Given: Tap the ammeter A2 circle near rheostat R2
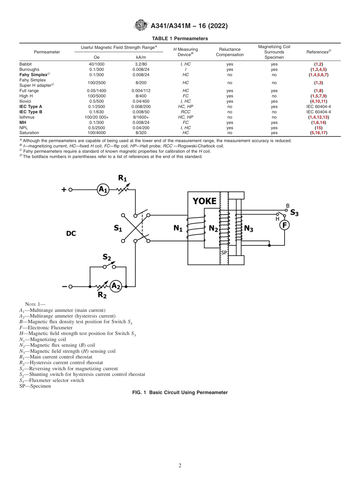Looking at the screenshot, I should [x=116, y=286].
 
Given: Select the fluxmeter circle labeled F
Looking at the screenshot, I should [x=284, y=225].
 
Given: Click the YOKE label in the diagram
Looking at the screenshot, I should [x=205, y=201].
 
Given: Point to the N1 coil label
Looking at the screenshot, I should [x=178, y=229].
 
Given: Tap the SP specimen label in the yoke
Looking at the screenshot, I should [x=224, y=252].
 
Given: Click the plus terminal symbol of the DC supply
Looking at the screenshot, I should [x=64, y=189].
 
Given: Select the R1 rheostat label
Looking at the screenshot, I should [x=123, y=178].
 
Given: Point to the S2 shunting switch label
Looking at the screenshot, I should [x=107, y=257].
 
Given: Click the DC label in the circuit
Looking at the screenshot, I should [x=71, y=233].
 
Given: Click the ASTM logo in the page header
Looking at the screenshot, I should [x=141, y=26].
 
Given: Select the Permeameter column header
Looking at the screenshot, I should [x=47, y=52].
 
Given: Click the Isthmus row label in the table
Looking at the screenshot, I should [x=27, y=117].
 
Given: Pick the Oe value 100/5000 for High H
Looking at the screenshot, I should [x=96, y=96].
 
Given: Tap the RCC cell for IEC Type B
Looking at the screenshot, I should [x=186, y=112].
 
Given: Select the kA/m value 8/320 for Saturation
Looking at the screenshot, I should [x=138, y=133].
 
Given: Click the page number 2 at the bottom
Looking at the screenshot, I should [x=180, y=466].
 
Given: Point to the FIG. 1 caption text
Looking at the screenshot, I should [x=180, y=393].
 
